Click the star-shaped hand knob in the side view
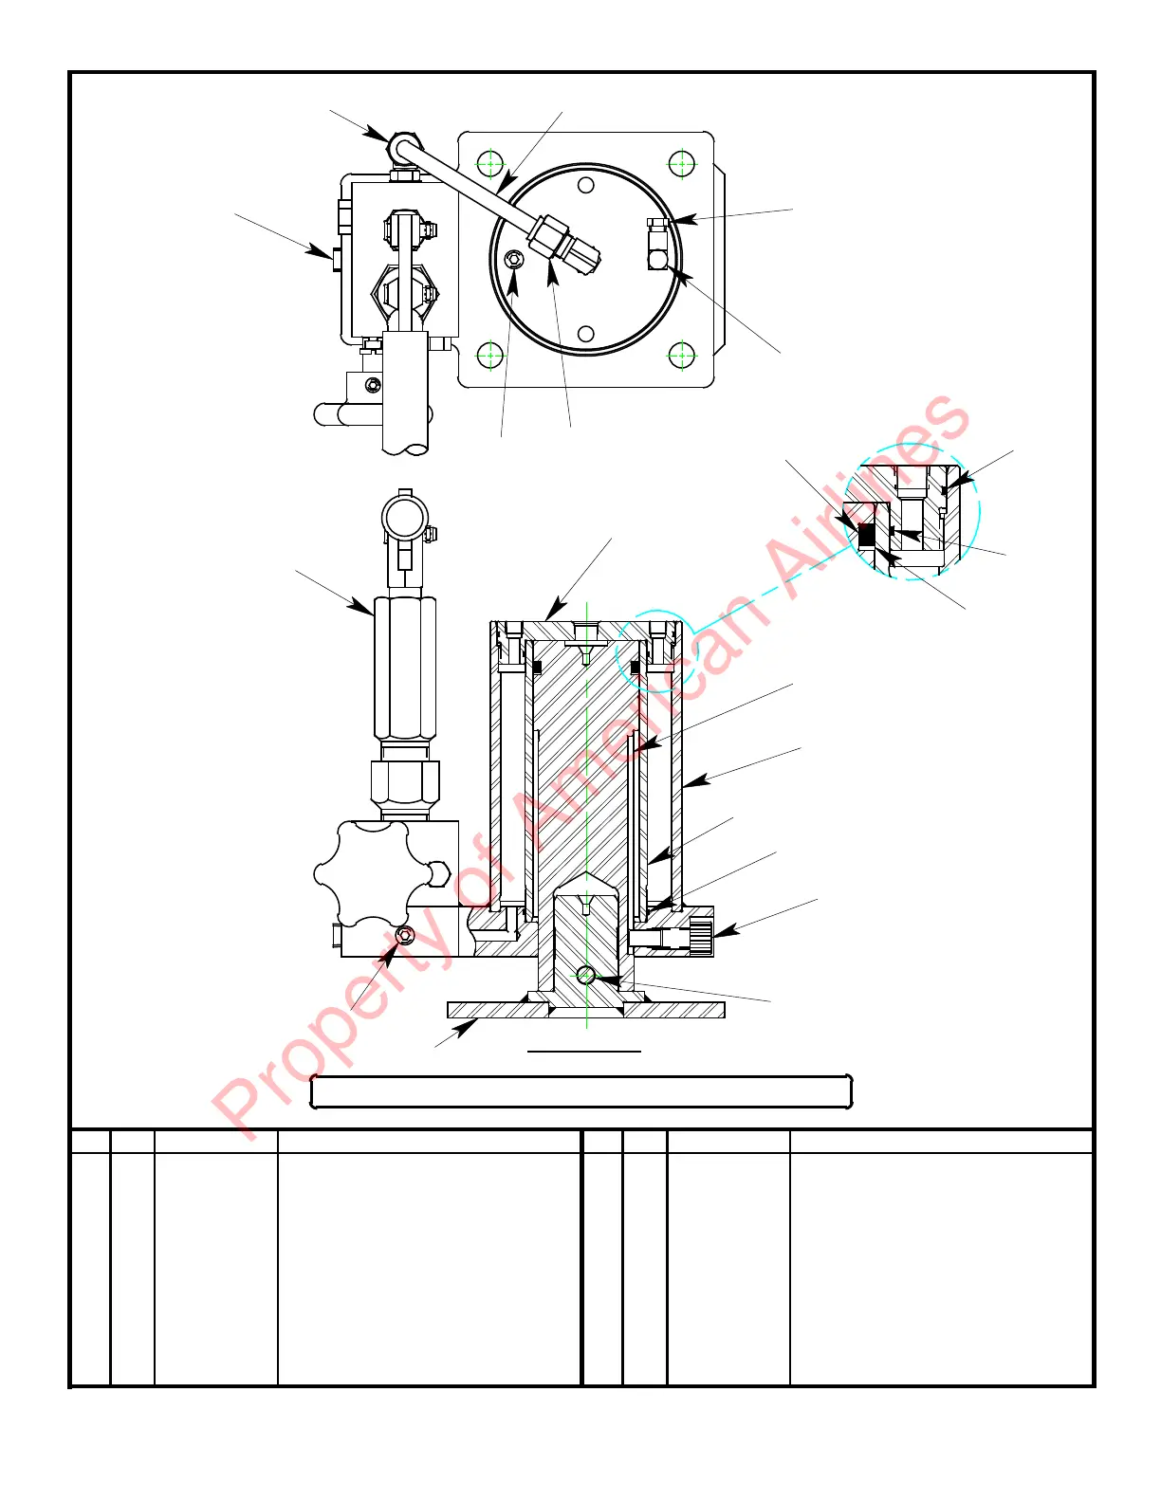(361, 873)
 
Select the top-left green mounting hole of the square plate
(489, 163)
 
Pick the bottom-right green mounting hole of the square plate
(682, 357)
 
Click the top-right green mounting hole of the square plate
(682, 163)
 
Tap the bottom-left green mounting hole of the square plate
(489, 357)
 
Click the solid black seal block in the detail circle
(866, 536)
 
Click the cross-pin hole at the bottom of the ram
(586, 975)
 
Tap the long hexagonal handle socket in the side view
(405, 667)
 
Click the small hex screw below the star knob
(405, 936)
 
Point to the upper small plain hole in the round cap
(586, 184)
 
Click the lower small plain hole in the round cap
(586, 334)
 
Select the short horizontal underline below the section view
(584, 1052)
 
